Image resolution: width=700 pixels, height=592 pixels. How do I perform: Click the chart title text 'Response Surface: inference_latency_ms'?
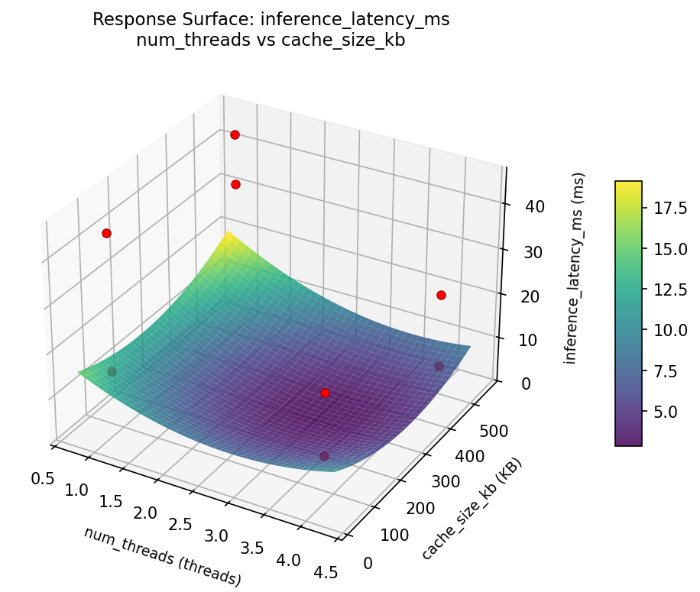pyautogui.click(x=271, y=20)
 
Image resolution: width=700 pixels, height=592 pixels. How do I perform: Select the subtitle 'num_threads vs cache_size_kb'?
pyautogui.click(x=271, y=40)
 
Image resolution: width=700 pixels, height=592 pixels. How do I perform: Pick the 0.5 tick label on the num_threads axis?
pyautogui.click(x=43, y=479)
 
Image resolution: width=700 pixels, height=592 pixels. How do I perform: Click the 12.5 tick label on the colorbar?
pyautogui.click(x=669, y=290)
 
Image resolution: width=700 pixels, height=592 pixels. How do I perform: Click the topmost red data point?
pyautogui.click(x=235, y=134)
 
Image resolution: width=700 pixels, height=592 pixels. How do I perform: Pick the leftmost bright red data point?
pyautogui.click(x=106, y=233)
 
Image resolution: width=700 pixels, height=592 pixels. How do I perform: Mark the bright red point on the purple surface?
pyautogui.click(x=325, y=393)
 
